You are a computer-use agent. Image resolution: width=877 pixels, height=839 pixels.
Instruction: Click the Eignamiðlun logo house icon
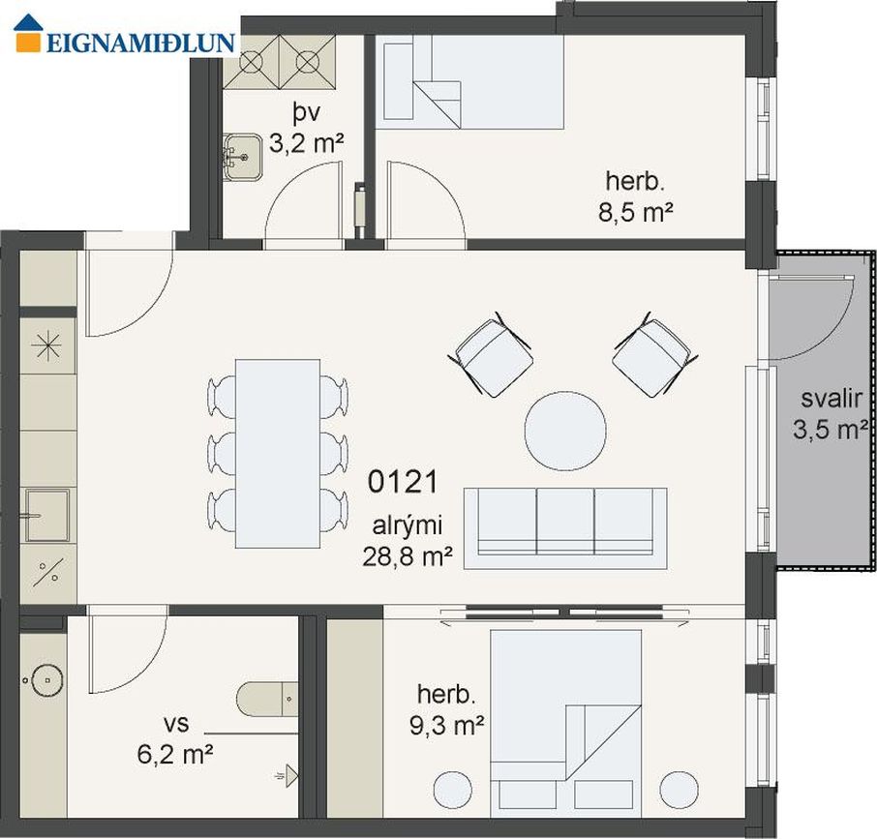[x=28, y=34]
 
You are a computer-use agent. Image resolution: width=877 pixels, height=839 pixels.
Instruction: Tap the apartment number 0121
[x=403, y=482]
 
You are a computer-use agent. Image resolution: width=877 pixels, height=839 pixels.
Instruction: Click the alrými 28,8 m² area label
[x=408, y=541]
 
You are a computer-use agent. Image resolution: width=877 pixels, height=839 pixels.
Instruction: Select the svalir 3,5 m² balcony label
[x=831, y=414]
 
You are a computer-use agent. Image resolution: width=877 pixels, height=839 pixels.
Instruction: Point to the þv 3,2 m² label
[x=306, y=129]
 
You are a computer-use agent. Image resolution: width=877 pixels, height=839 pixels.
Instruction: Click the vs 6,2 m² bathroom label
[x=175, y=739]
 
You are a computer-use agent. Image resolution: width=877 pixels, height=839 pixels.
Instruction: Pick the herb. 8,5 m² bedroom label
[x=635, y=196]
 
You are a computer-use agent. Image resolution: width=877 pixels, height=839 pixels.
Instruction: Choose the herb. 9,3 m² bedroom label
[x=446, y=710]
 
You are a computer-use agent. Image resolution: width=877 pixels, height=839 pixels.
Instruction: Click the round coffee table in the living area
[x=565, y=431]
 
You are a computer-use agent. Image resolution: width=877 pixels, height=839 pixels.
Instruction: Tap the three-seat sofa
[x=565, y=528]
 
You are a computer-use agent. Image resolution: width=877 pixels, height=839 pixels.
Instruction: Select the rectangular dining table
[x=278, y=453]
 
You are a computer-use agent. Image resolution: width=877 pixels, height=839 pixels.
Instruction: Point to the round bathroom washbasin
[x=47, y=679]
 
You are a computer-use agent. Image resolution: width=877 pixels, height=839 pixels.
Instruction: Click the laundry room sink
[x=242, y=157]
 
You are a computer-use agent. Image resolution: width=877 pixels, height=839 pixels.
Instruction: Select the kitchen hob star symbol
[x=47, y=345]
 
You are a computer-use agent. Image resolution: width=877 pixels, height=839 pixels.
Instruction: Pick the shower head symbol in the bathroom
[x=287, y=776]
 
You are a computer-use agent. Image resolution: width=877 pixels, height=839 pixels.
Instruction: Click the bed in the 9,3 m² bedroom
[x=565, y=724]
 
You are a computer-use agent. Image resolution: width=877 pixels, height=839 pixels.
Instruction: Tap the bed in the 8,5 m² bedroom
[x=473, y=82]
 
